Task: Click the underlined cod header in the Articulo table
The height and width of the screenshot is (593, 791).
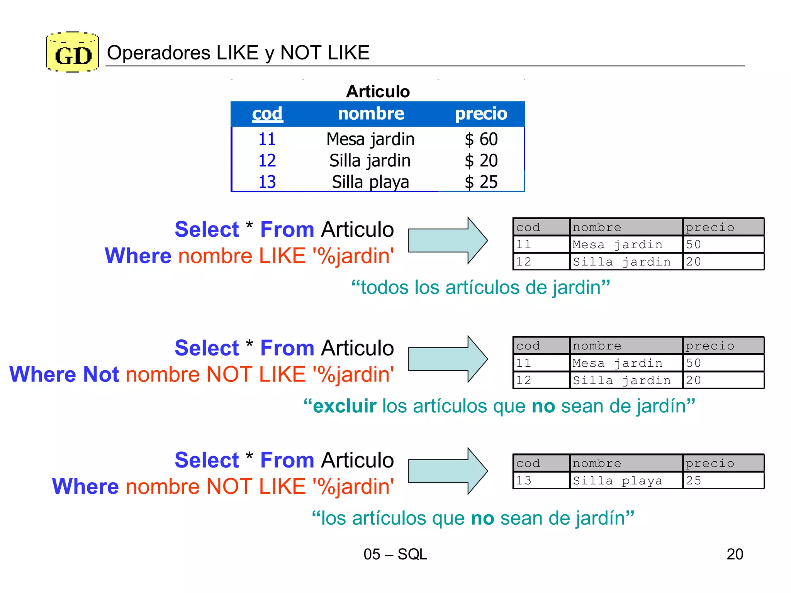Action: point(267,114)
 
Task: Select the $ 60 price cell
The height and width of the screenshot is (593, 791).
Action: point(481,139)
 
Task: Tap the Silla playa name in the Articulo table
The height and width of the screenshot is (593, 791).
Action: point(370,182)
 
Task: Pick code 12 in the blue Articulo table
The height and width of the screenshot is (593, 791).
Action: point(267,161)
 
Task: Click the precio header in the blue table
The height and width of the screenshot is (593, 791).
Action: point(481,114)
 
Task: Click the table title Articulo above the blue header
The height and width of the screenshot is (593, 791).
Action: point(378,92)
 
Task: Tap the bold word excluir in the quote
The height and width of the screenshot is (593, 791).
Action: point(345,406)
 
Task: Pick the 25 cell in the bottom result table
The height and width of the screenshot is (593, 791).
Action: point(693,481)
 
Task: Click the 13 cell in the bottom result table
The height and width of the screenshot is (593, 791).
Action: point(524,481)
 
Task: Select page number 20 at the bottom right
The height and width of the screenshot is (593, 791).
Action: point(735,554)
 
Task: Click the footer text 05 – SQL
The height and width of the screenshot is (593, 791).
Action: point(395,554)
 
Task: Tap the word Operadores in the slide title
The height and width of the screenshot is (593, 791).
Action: point(159,53)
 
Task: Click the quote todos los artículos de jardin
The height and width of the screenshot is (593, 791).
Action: point(480,288)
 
